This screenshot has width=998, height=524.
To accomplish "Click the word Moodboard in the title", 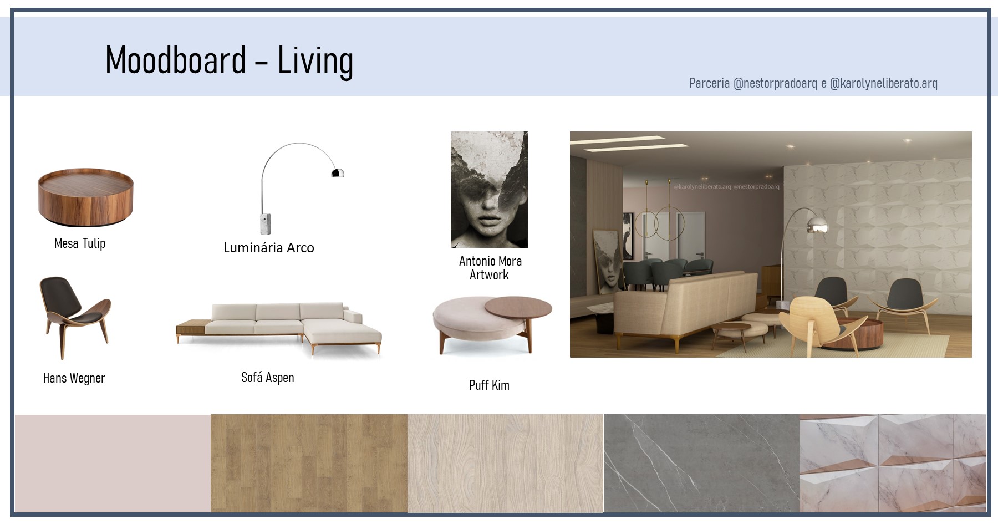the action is click(x=176, y=60).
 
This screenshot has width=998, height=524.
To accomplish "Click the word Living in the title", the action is click(x=315, y=61).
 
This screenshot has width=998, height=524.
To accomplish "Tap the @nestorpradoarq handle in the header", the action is click(x=775, y=83).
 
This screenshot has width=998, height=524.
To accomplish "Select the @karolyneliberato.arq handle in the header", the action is click(x=884, y=83).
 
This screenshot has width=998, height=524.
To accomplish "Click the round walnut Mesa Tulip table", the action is click(x=85, y=197).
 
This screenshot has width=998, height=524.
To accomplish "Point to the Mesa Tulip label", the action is click(x=80, y=243).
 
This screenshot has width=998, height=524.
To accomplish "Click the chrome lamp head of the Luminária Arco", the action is click(x=338, y=172).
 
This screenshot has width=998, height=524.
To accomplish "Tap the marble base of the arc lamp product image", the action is click(x=265, y=223).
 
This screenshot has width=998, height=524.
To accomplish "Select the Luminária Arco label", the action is click(x=269, y=247).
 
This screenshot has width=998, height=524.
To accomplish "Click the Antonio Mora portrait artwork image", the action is click(x=489, y=190).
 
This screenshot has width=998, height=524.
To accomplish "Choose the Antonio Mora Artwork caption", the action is click(x=490, y=268).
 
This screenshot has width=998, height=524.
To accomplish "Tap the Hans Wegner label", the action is click(x=74, y=378).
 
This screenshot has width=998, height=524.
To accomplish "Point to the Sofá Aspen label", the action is click(x=268, y=378).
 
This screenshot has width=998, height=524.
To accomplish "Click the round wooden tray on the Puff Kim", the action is click(x=518, y=307).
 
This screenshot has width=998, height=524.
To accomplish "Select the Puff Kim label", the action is click(x=489, y=385).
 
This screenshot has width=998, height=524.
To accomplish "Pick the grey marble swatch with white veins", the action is click(x=701, y=463).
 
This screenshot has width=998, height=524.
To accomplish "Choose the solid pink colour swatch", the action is click(x=113, y=463).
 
